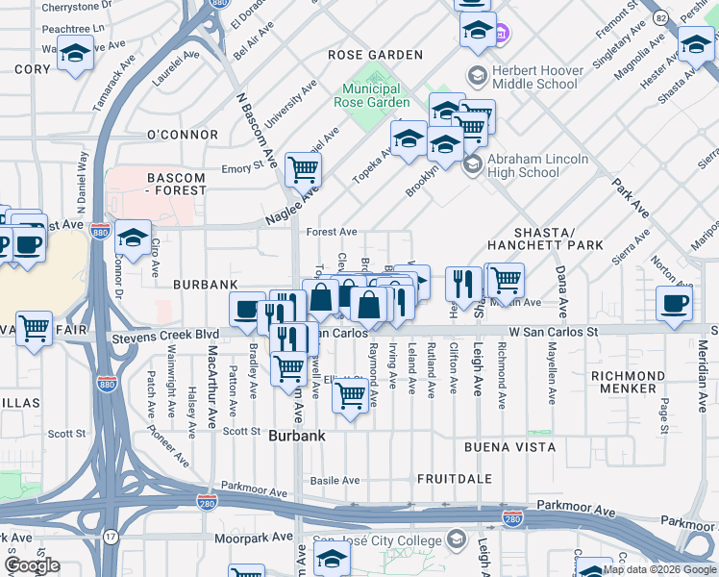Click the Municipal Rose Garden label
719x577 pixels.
[x=372, y=95]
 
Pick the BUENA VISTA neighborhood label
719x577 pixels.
[x=509, y=447]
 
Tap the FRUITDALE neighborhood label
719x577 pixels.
[x=455, y=478]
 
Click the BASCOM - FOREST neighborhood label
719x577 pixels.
[x=176, y=184]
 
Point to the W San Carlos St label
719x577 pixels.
[x=554, y=332]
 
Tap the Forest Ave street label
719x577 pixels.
[x=332, y=232]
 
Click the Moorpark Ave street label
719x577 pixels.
[x=252, y=539]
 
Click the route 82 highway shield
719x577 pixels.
[x=659, y=17]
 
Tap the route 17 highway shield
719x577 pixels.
[x=112, y=536]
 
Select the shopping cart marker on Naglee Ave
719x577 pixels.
[x=304, y=169]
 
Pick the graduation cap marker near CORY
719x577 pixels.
[x=75, y=52]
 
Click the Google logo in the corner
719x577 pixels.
[x=33, y=565]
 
